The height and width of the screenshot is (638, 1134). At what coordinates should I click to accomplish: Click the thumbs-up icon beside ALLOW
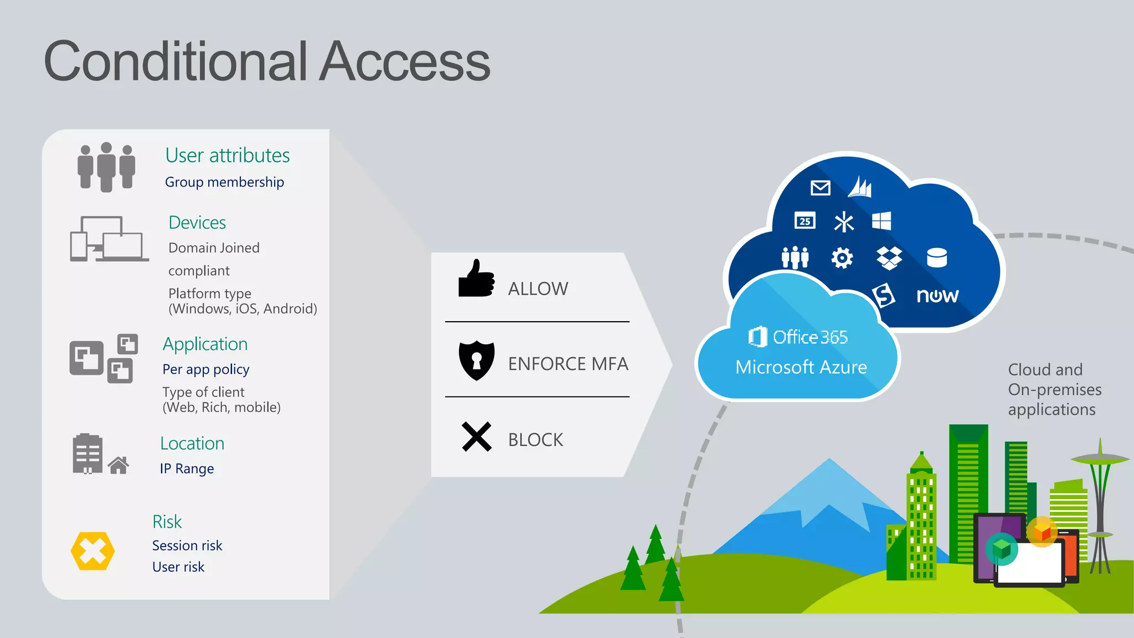(x=476, y=279)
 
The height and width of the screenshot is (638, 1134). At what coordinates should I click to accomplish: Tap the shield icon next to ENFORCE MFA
(x=476, y=361)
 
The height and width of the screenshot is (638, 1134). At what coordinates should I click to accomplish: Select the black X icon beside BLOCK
(x=476, y=437)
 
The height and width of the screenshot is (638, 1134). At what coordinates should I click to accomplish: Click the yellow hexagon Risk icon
(x=92, y=551)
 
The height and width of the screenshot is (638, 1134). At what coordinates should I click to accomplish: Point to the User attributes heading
(x=227, y=156)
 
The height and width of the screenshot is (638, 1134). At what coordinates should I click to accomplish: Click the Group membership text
(x=224, y=182)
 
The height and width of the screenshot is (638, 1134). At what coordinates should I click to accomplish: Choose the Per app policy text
(x=206, y=369)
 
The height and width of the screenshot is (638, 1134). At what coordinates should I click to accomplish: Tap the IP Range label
(x=187, y=469)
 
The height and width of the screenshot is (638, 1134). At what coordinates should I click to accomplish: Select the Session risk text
(x=187, y=546)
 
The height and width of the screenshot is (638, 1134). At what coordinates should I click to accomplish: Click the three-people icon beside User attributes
(x=106, y=167)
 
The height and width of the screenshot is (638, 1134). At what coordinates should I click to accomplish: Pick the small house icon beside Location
(x=118, y=465)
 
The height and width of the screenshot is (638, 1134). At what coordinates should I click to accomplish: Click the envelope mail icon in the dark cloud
(x=820, y=188)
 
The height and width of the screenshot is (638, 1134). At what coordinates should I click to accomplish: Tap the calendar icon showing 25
(x=805, y=220)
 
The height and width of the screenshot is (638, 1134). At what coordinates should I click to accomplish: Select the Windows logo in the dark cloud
(x=881, y=221)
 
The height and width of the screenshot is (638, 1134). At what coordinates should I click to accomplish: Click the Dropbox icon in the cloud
(x=889, y=258)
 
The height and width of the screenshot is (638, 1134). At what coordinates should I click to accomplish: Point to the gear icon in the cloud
(x=842, y=258)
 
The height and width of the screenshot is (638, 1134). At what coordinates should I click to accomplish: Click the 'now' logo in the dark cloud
(x=937, y=296)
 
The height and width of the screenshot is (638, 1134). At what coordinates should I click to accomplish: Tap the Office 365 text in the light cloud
(x=810, y=337)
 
